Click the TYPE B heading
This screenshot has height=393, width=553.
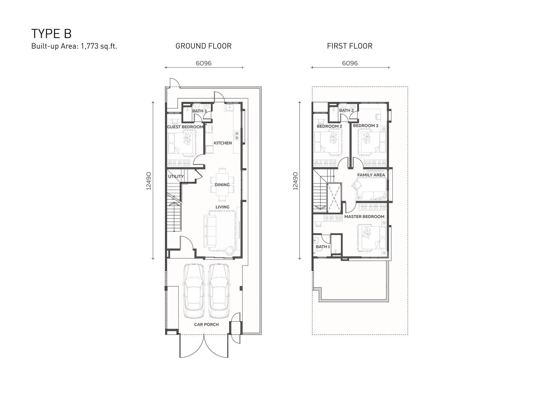point(51,34)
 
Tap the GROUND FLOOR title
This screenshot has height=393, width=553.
point(204,46)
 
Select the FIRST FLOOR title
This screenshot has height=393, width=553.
point(349,46)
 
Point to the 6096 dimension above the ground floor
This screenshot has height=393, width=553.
point(204,63)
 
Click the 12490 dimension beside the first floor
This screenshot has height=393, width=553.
point(295,181)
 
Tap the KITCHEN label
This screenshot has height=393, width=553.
point(223,143)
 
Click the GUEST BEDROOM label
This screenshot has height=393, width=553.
point(185,127)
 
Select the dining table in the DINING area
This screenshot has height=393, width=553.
point(222,185)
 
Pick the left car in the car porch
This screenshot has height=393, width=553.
point(194,291)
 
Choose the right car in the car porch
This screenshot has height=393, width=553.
point(219,291)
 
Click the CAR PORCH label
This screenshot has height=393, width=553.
point(206,324)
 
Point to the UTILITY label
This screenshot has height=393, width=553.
point(176,176)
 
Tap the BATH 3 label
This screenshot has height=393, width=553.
point(199,111)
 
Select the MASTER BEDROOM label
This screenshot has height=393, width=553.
point(364,217)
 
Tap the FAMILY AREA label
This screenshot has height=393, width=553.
point(371,175)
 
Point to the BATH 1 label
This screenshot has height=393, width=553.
point(323,247)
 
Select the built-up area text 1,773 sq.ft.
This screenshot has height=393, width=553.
point(99,46)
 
